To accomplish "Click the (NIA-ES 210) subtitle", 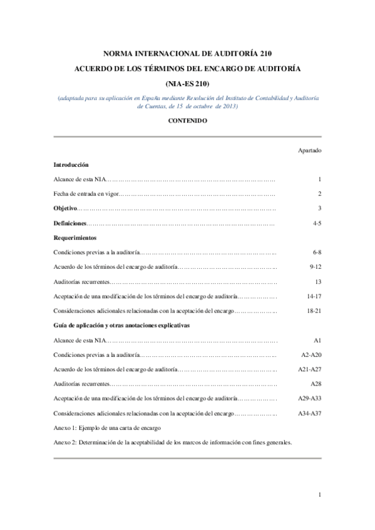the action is point(187,84).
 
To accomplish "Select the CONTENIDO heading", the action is point(187,120).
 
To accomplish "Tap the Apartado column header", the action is point(309,150).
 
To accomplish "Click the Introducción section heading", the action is point(71,164).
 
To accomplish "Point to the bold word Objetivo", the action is point(65,208).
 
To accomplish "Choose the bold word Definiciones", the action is point(69,222).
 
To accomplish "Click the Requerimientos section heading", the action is point(74,237).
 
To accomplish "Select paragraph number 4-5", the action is point(316,222).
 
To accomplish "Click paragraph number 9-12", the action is point(315,267).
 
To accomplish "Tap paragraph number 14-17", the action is point(314,296).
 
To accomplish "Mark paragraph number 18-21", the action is point(314,311).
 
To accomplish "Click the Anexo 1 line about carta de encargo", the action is point(108,428).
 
